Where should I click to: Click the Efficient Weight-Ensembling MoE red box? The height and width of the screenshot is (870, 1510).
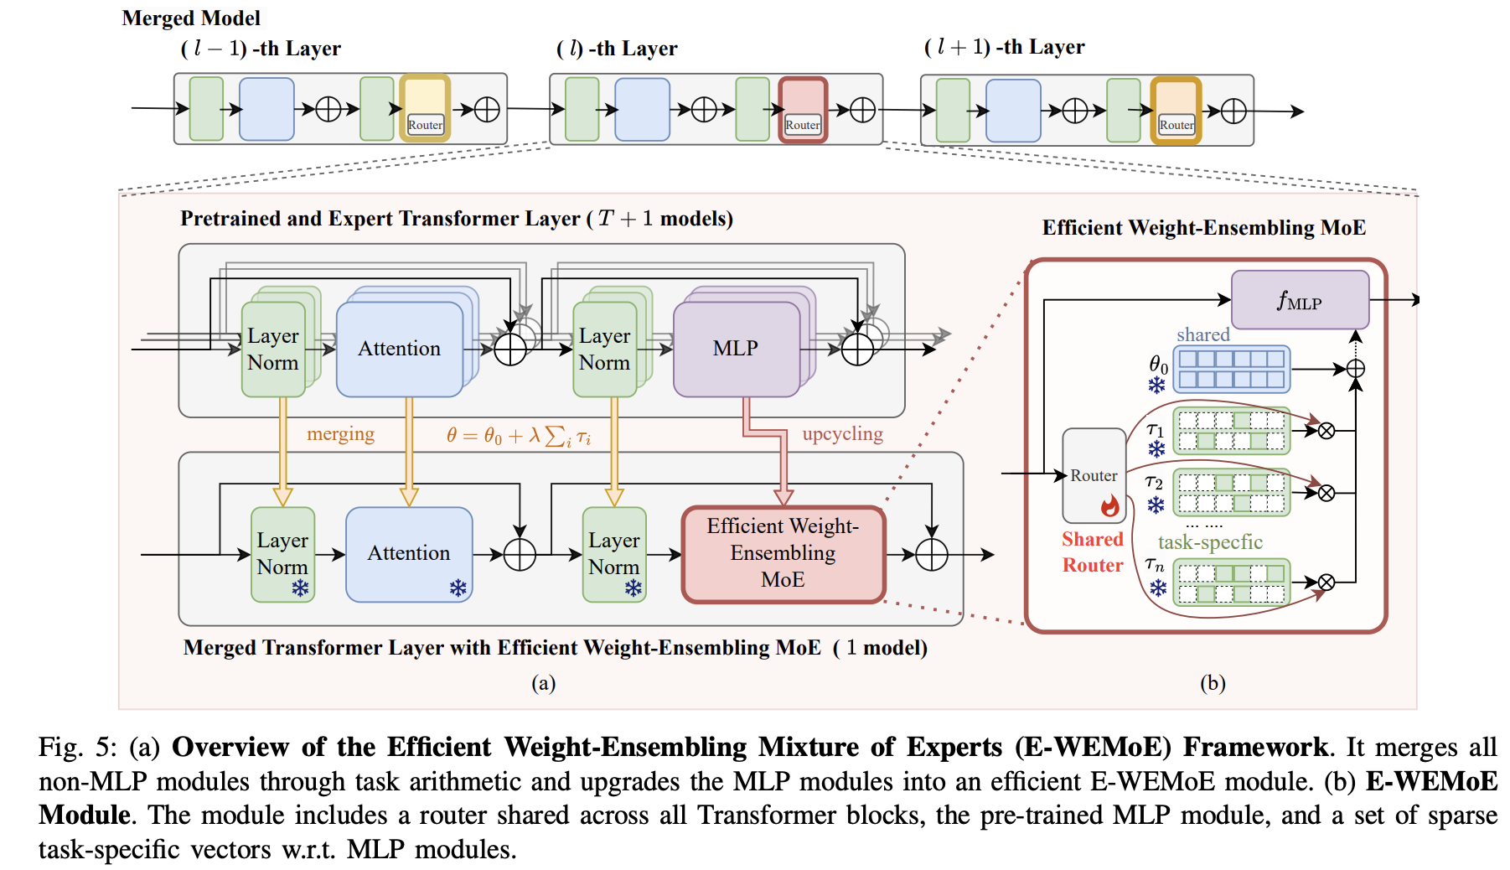(783, 553)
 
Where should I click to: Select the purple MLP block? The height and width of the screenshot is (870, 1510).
(736, 349)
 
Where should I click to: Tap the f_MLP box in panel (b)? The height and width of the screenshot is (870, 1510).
(1299, 300)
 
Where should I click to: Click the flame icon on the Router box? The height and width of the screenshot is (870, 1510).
(1109, 505)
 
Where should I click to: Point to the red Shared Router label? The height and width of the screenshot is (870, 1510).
(1093, 552)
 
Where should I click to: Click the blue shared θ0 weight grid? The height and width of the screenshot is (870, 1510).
(1231, 369)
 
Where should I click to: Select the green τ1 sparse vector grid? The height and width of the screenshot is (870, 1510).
(1231, 431)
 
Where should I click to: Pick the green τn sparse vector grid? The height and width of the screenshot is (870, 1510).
(1231, 583)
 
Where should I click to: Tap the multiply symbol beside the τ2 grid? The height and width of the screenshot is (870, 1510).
(1326, 493)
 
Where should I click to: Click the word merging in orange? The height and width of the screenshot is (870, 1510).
(340, 434)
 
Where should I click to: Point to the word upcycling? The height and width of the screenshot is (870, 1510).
(842, 434)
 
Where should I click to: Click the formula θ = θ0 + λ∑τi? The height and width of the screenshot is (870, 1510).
(518, 436)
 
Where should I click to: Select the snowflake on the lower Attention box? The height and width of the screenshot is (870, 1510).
(458, 588)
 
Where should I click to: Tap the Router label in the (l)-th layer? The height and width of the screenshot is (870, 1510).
(803, 125)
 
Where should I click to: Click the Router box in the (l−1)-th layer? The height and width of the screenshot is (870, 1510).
(425, 109)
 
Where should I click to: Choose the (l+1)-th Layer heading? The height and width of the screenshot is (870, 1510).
(1004, 47)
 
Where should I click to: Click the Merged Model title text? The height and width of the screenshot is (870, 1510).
(191, 18)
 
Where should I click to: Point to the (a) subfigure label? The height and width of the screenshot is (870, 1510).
(543, 683)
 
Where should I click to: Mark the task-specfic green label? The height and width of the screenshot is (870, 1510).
(1210, 542)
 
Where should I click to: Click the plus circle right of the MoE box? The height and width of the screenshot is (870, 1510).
(931, 555)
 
